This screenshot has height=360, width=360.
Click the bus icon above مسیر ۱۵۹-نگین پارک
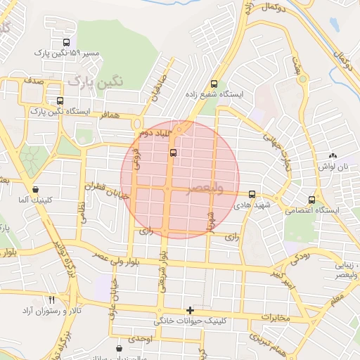click(x=67, y=42)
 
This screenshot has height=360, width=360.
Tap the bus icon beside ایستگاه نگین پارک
click(x=60, y=101)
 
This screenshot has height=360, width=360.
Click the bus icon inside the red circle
click(x=174, y=152)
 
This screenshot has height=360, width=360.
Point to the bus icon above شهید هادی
click(x=252, y=193)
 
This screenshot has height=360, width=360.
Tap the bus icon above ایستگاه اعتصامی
click(x=312, y=199)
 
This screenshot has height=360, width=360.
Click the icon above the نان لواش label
click(x=333, y=155)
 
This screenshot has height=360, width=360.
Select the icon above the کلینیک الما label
click(x=36, y=189)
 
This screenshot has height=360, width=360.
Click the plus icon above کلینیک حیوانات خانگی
click(x=189, y=310)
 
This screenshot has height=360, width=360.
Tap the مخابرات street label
click(x=276, y=318)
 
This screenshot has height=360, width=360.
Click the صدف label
click(x=33, y=82)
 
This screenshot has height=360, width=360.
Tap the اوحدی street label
click(x=139, y=340)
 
